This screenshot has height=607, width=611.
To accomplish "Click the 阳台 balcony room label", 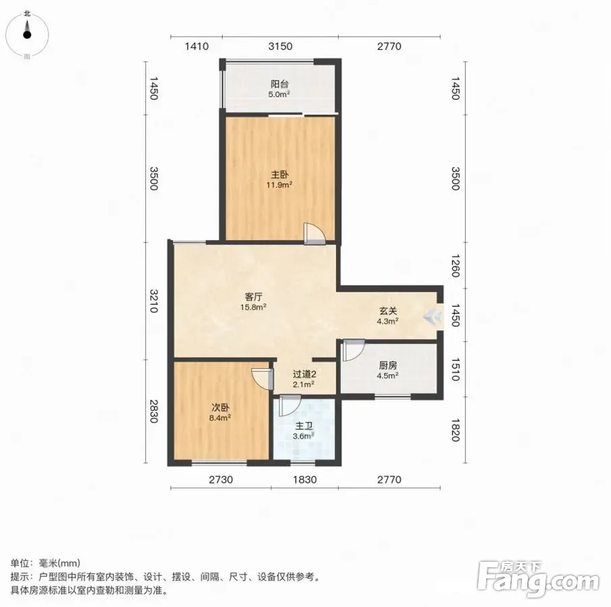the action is [x=280, y=84].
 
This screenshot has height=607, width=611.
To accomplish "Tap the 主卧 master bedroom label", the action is [x=280, y=175].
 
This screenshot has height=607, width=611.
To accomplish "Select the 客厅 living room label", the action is [x=253, y=297].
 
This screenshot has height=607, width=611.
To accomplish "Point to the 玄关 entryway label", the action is [x=388, y=311].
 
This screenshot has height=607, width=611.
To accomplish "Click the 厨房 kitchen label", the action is [x=388, y=366].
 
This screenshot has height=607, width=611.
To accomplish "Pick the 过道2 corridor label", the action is [x=304, y=374].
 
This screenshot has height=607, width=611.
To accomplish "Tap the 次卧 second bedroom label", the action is [x=220, y=407].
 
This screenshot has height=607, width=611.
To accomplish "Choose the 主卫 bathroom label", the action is [x=304, y=426].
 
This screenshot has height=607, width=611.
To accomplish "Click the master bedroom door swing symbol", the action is [x=314, y=233].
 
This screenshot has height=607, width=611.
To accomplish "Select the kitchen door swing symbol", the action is [x=353, y=351].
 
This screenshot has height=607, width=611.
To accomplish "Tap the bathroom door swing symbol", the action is [x=290, y=405].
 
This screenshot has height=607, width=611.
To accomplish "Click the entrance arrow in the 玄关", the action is [x=433, y=316].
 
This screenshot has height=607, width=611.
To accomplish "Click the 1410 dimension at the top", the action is [x=196, y=47].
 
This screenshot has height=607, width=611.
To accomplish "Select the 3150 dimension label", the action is [x=280, y=47].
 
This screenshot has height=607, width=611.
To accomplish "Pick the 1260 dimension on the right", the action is [x=455, y=266].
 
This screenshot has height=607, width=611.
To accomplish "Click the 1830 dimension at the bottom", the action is [x=304, y=480].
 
